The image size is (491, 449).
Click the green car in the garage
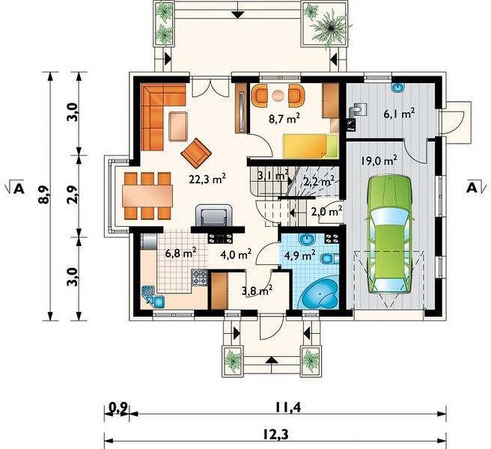click(x=390, y=235)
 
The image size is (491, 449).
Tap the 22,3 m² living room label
click(x=207, y=179)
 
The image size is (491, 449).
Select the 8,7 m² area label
click(x=284, y=118)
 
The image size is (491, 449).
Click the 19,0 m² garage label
click(x=379, y=161)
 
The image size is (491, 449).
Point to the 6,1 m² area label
click(x=400, y=113)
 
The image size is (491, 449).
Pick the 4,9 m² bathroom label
click(x=299, y=255)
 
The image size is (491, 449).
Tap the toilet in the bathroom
click(x=329, y=259)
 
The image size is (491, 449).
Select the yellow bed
click(x=311, y=146)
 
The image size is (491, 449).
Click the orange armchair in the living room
click(x=196, y=153)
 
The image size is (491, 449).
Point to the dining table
click(x=147, y=196)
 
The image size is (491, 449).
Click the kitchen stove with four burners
click(x=200, y=278)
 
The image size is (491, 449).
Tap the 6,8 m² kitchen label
click(x=180, y=253)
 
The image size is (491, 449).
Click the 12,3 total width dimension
click(x=275, y=434)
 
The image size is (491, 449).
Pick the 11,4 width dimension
click(x=288, y=408)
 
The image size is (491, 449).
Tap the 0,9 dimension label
click(x=118, y=408)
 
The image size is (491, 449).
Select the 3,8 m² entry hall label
click(x=257, y=290)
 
